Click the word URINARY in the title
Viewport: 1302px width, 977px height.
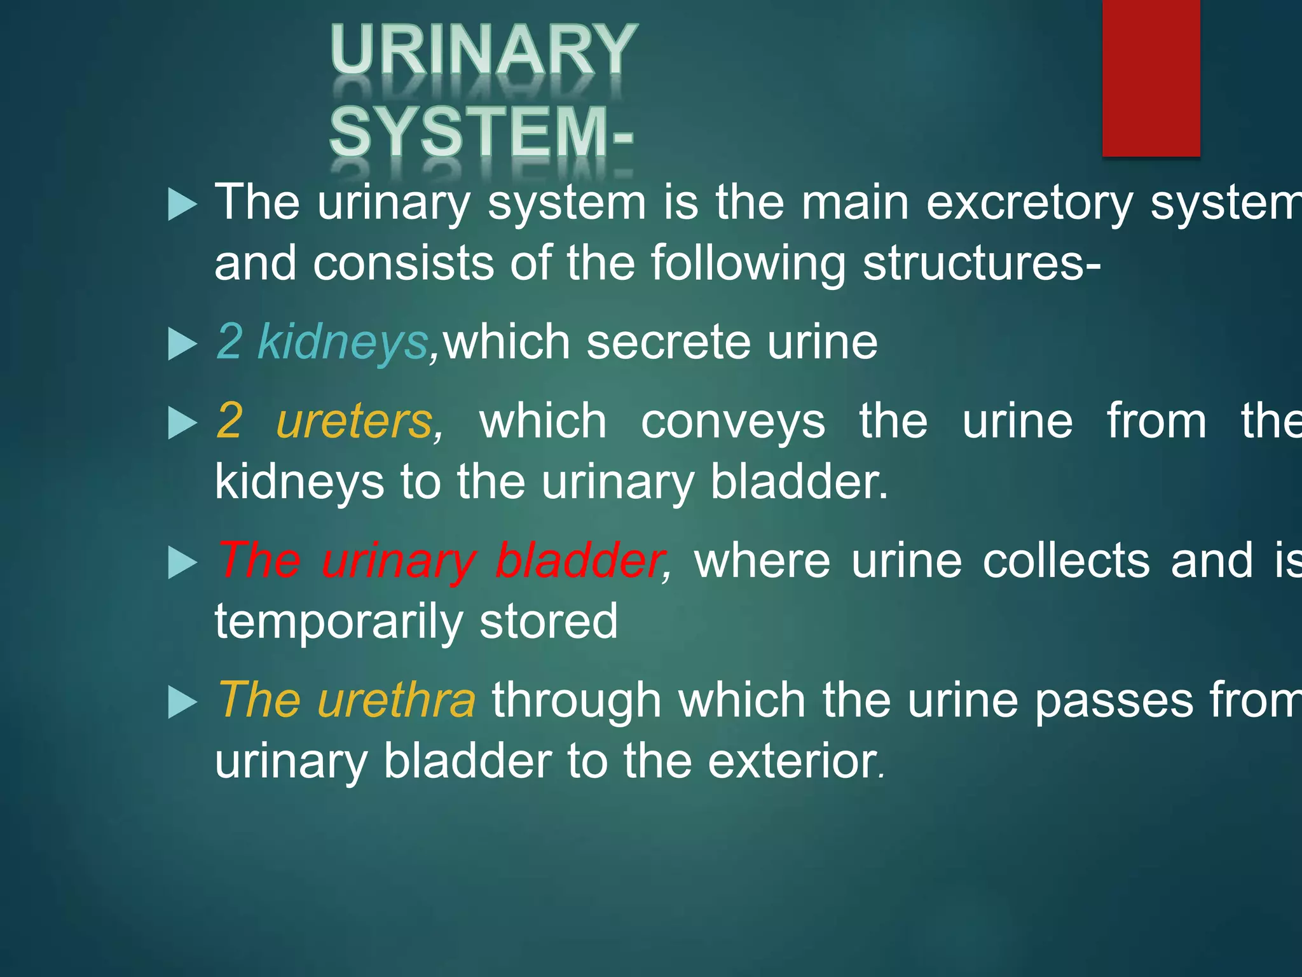483,51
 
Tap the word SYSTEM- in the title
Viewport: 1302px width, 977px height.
481,132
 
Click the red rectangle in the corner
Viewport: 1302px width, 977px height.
1151,78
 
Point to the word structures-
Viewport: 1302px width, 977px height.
982,263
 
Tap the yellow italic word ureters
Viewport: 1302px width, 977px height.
355,421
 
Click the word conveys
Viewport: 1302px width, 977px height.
732,422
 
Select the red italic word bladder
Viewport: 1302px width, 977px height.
579,561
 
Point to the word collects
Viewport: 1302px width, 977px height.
1066,561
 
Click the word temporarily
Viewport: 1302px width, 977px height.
339,622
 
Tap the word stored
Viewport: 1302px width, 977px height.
548,621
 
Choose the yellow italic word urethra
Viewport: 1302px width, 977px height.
396,700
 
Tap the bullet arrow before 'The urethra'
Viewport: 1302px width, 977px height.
182,703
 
